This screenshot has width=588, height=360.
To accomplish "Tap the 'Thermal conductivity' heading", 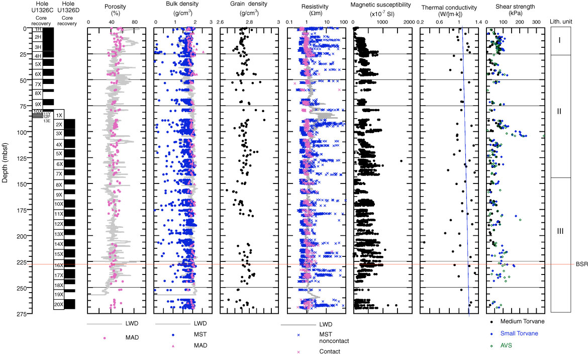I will [448, 6].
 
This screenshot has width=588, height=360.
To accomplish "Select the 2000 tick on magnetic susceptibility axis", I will [408, 22].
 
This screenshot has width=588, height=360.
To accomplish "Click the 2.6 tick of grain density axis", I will [220, 22].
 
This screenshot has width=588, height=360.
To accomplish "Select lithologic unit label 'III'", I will [560, 231].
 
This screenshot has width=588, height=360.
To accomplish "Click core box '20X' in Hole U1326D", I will [59, 304].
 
